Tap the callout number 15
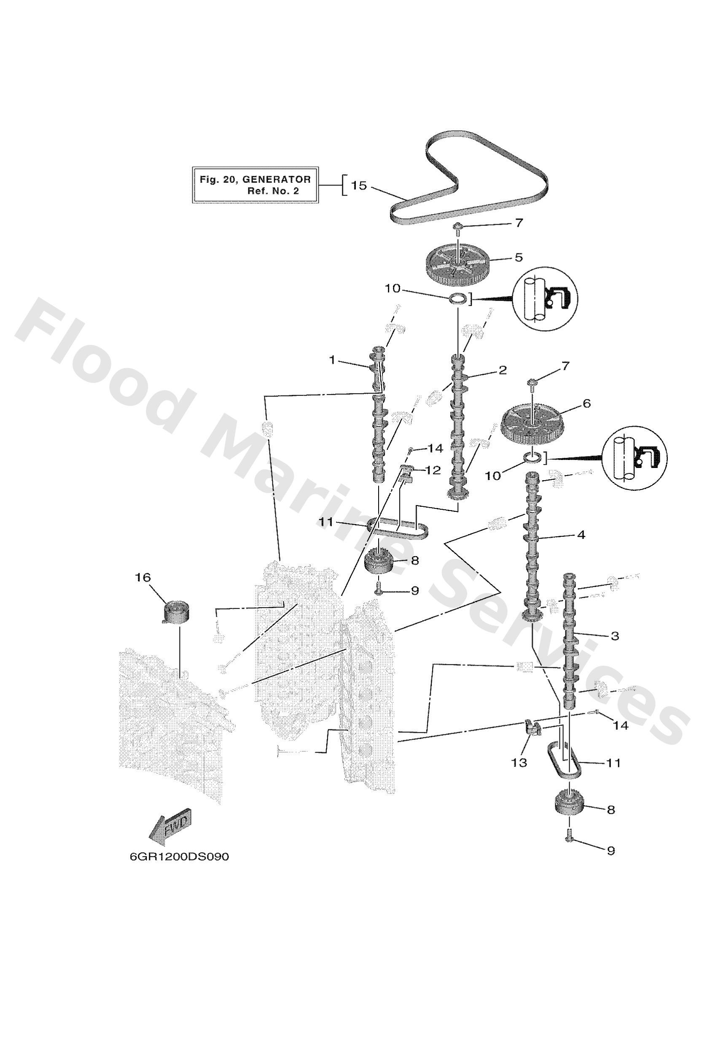tap(359, 186)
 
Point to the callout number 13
tap(519, 762)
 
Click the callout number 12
tap(432, 471)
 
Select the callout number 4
tap(581, 535)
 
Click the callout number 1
tap(332, 360)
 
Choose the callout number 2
tap(503, 370)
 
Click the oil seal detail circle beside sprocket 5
tap(545, 299)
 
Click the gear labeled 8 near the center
tap(379, 562)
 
